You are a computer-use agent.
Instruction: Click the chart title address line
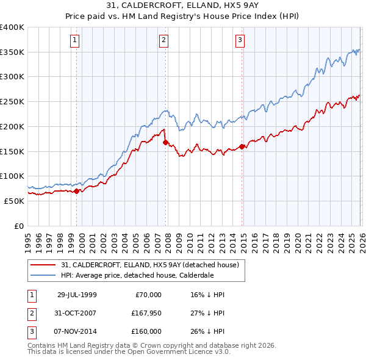[183, 5]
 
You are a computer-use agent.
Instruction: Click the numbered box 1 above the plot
[74, 41]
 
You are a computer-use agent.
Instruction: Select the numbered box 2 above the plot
[164, 41]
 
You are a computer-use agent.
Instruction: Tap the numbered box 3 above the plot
[240, 41]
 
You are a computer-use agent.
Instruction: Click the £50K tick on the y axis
[15, 201]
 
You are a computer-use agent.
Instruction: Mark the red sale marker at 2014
[242, 146]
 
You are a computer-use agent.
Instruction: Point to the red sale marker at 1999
[76, 191]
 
